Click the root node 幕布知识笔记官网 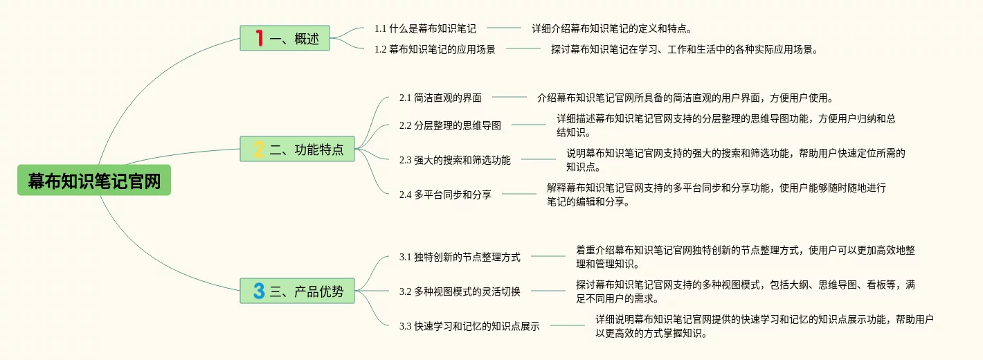click(x=94, y=181)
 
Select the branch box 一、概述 click(x=285, y=38)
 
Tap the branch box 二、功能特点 click(x=297, y=149)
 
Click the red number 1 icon click(x=259, y=38)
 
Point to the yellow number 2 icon click(x=259, y=149)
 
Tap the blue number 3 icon click(x=259, y=291)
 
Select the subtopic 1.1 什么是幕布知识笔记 click(x=425, y=28)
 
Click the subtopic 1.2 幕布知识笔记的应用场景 click(x=435, y=49)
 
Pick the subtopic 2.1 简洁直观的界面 click(x=440, y=98)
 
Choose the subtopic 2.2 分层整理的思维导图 click(x=450, y=125)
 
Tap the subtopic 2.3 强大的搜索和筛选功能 click(x=455, y=160)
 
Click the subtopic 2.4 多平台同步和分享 click(x=445, y=195)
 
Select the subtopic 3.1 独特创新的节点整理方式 click(x=460, y=257)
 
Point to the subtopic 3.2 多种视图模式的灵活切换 click(x=460, y=291)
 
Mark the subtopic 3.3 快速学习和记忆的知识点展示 click(x=469, y=326)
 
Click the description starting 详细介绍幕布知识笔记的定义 click(x=612, y=28)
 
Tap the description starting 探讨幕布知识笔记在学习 click(x=684, y=49)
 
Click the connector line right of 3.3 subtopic click(x=568, y=325)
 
